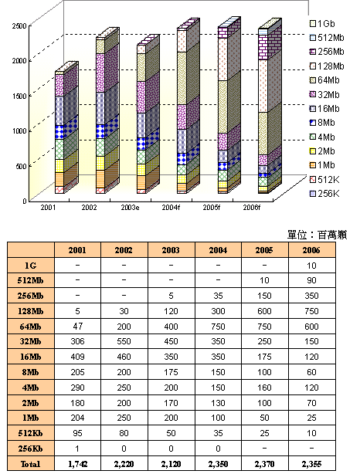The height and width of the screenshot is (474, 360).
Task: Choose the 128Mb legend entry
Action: [x=328, y=66]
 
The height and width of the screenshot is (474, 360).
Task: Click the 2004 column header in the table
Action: [x=218, y=250]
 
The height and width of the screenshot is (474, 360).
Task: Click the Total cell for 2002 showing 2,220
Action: [x=122, y=464]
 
